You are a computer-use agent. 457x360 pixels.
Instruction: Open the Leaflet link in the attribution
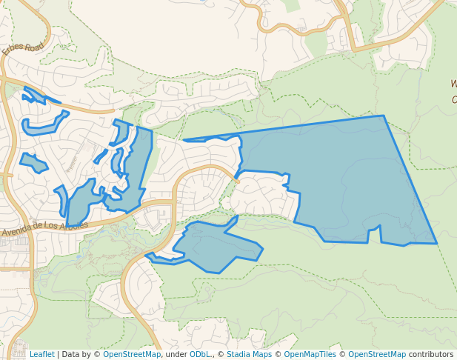[41, 354]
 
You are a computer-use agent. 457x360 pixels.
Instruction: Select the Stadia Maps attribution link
[248, 354]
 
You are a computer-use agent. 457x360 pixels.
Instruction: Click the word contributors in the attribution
[430, 354]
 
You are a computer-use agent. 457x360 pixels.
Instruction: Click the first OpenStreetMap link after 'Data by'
[131, 354]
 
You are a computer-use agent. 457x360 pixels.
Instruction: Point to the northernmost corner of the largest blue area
[383, 116]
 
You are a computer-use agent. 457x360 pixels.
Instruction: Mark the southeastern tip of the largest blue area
[436, 243]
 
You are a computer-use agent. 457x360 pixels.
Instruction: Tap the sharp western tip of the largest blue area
[183, 140]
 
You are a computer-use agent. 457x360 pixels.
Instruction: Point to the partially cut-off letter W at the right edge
[453, 84]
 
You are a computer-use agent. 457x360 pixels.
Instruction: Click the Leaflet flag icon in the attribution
[24, 354]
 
